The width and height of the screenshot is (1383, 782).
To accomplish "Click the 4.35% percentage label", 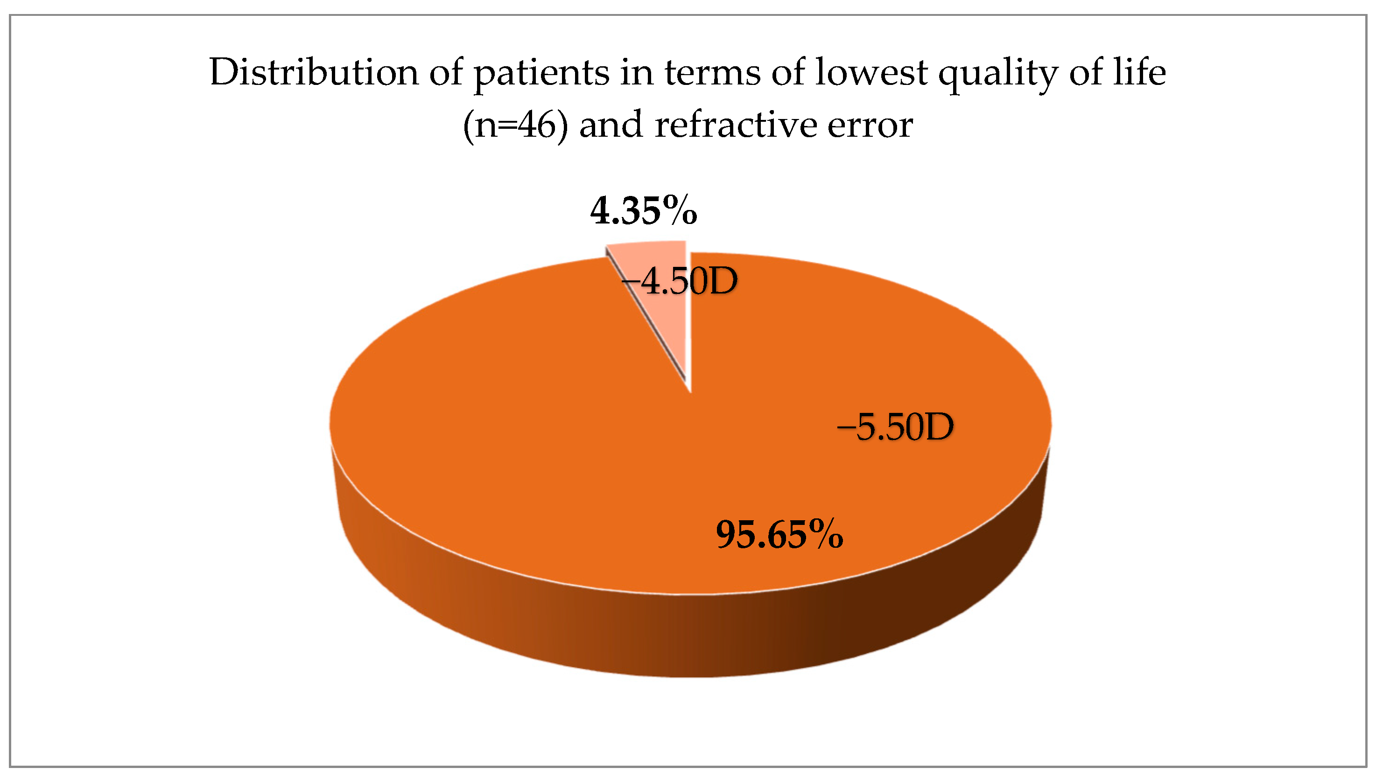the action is point(644,210).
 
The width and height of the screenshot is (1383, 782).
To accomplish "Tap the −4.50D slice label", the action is point(680,281).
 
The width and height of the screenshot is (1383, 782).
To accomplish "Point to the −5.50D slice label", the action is point(896,427).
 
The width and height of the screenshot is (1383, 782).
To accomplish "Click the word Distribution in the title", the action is point(314,72).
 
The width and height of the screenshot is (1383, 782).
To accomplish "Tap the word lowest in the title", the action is point(871,72).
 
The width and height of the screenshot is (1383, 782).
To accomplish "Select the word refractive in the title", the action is point(736,125).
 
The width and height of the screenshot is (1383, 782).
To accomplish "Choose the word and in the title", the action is point(611,125).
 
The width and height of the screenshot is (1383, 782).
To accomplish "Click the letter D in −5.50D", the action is point(938,427).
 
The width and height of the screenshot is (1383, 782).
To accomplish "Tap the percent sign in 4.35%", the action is point(680,210).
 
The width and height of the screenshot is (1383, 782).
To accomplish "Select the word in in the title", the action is point(637,72).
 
